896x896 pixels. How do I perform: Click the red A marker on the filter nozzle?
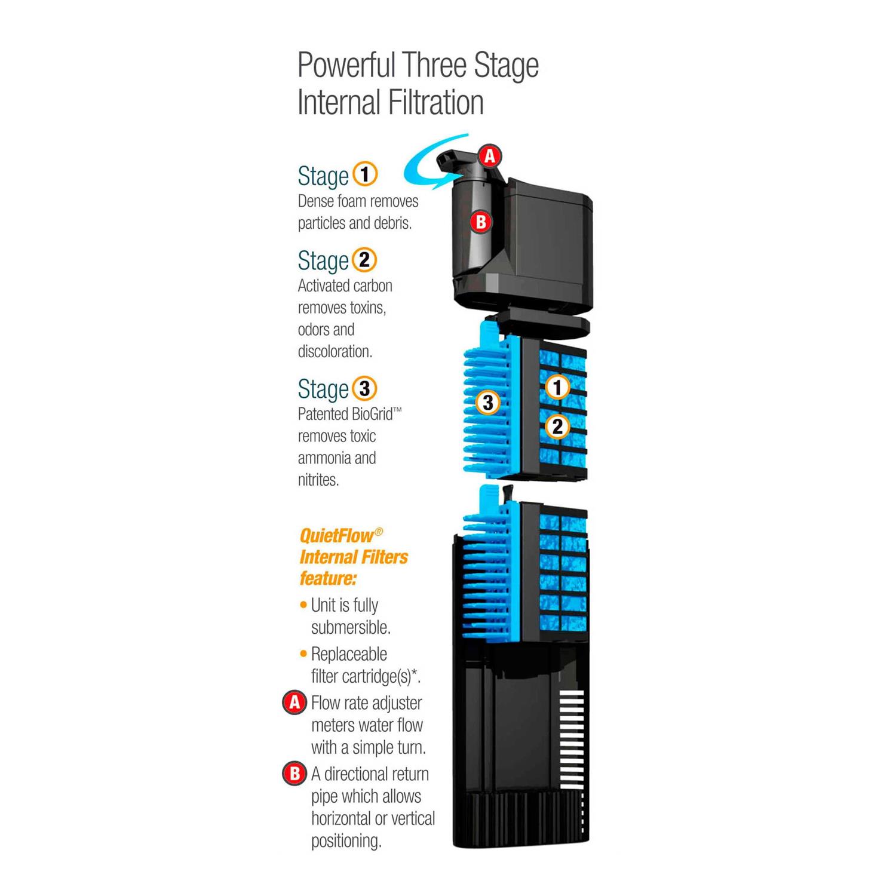(x=490, y=157)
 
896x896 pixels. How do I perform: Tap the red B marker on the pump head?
(x=481, y=222)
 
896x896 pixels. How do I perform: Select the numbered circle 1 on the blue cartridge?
(x=557, y=387)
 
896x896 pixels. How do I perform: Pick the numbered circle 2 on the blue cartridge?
(x=557, y=426)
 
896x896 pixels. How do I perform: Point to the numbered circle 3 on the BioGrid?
(x=488, y=403)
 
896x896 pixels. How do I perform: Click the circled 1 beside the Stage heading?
(x=365, y=174)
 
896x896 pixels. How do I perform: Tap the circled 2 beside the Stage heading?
(x=364, y=260)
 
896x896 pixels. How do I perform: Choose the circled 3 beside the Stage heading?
(x=364, y=388)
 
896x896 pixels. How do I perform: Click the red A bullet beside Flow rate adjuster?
(x=294, y=703)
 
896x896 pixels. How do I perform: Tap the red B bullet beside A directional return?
(x=294, y=774)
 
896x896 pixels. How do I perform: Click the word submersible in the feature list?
(x=350, y=628)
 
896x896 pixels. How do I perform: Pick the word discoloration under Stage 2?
(x=335, y=351)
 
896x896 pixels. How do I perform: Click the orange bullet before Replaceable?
(x=303, y=654)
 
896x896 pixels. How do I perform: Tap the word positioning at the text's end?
(x=346, y=842)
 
